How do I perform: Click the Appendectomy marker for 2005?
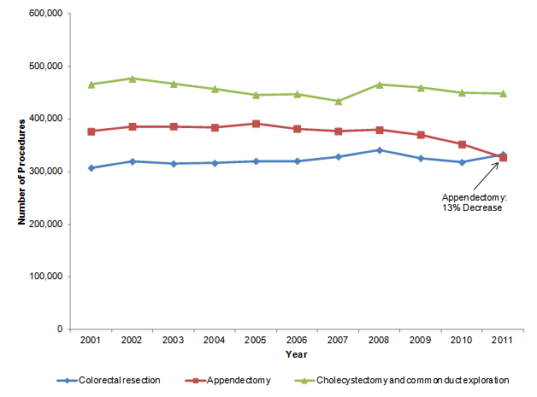click(256, 124)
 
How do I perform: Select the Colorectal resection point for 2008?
click(379, 150)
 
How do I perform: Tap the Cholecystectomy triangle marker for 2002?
click(133, 79)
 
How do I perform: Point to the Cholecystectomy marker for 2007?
click(338, 101)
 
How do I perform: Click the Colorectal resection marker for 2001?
click(91, 168)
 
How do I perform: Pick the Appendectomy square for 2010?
click(462, 144)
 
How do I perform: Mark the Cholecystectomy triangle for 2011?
click(503, 93)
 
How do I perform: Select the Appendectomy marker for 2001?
click(91, 131)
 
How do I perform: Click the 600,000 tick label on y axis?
click(45, 15)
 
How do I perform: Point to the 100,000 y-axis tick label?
click(45, 277)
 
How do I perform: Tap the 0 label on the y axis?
click(59, 330)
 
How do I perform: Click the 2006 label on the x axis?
click(297, 342)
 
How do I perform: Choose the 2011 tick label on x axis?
click(503, 342)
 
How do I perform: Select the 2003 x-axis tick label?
click(174, 342)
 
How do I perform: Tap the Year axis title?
click(297, 354)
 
